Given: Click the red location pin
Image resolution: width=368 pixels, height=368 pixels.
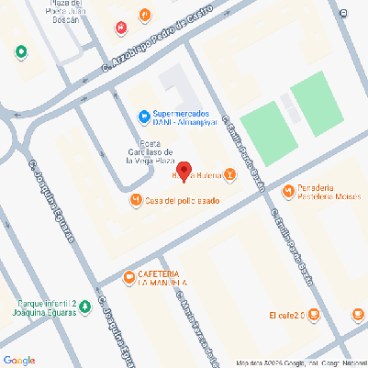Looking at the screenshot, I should click(183, 171).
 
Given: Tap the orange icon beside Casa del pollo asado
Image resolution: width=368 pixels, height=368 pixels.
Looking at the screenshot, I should click(136, 199).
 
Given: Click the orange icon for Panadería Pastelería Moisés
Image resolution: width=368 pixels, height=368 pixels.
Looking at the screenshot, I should click(288, 191).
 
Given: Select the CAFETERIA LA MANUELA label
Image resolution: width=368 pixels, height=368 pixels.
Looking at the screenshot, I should click(163, 279).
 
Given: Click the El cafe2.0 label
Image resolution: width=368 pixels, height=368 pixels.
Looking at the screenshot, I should click(286, 315).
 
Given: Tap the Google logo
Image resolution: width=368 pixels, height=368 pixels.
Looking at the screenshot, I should click(18, 359).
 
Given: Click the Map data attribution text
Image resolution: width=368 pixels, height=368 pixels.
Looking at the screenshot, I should click(299, 362).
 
